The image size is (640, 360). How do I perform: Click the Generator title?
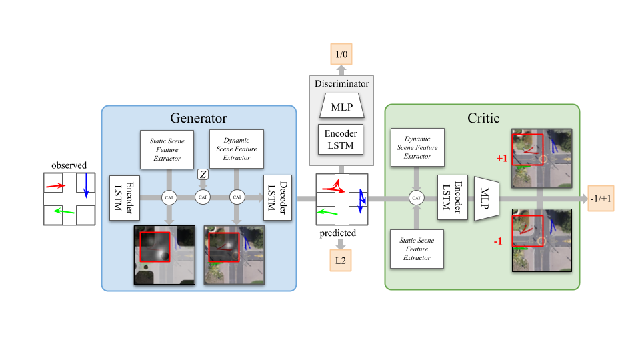(x=199, y=118)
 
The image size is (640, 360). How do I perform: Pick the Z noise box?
(x=203, y=175)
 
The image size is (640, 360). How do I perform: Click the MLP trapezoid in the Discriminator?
(x=341, y=106)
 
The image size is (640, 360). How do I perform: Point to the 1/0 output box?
(x=341, y=53)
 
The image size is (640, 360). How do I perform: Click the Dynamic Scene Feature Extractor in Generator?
(x=237, y=149)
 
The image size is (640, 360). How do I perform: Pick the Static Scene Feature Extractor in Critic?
(x=417, y=249)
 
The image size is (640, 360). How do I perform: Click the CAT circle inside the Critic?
(x=417, y=198)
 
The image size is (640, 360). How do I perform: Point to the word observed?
(x=69, y=165)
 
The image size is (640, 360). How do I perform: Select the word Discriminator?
(x=341, y=84)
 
